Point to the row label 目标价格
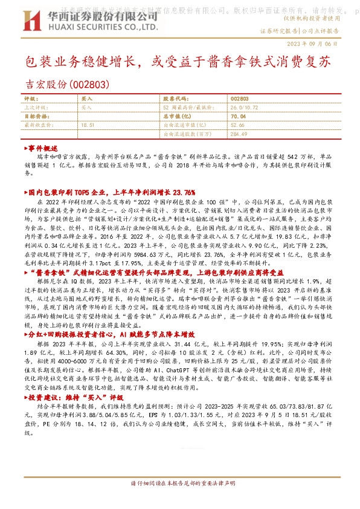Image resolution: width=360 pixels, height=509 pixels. click(x=34, y=115)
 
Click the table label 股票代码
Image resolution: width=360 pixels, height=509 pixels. click(x=175, y=97)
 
